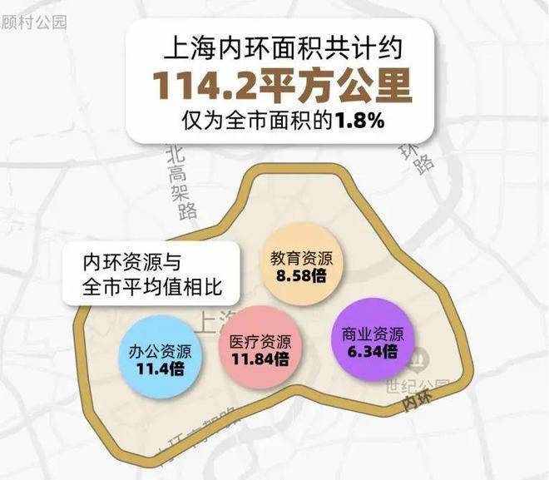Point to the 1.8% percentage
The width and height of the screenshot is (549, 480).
click(x=359, y=120)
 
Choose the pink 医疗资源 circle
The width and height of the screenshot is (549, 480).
click(x=260, y=350)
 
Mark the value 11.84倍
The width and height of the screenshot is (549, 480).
click(x=260, y=359)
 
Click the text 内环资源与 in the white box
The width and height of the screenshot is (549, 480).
click(x=131, y=262)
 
